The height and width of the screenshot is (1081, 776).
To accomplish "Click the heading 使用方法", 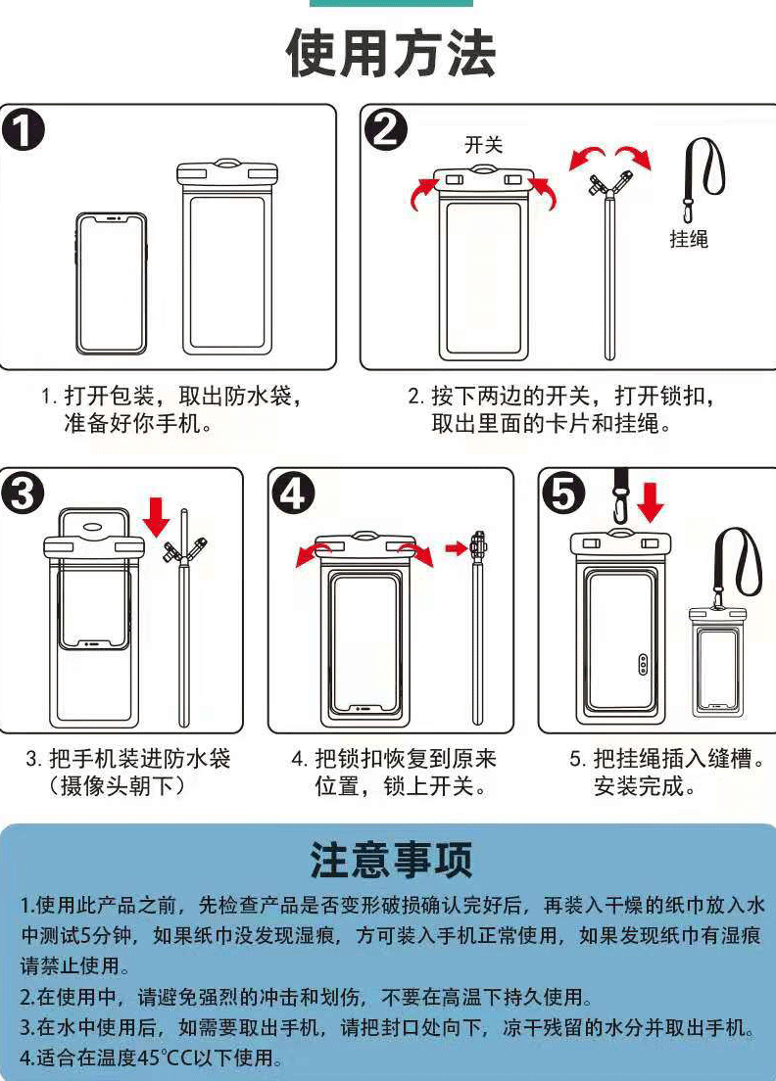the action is point(390,53).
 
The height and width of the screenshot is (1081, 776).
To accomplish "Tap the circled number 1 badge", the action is point(23,130).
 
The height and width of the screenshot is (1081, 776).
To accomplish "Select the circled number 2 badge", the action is point(385,129).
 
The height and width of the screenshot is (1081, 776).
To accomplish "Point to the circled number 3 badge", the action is point(23,493).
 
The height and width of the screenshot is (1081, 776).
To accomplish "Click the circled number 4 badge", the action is point(293,493).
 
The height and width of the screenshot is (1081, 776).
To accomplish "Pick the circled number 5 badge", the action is point(563,493).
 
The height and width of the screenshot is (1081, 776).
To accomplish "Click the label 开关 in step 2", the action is point(484,145).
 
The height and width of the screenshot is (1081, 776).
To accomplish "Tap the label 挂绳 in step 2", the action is point(689,239).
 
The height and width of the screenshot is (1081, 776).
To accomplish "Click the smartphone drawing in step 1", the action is point(111,283).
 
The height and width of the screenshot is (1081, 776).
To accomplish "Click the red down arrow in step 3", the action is point(158,516).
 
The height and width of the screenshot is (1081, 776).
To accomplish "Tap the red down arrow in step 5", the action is point(650,502).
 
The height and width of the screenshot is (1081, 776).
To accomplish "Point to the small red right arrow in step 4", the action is point(456,548).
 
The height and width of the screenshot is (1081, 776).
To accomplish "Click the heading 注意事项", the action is point(391,860).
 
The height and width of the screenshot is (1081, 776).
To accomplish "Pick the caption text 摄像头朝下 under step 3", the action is point(116,785).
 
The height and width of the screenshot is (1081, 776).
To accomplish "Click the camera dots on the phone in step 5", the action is point(643,664).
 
